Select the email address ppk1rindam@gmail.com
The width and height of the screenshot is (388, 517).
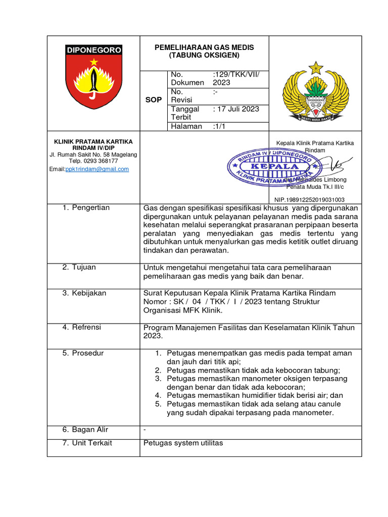pos(97,169)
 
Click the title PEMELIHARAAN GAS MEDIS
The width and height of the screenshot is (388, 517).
pos(204,47)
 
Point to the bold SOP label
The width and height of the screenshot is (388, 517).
pos(154,100)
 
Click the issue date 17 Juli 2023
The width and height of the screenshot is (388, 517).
pos(236,109)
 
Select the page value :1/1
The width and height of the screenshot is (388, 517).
pos(221,126)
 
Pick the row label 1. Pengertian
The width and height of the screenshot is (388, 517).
pos(86,208)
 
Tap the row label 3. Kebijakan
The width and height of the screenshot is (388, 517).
pos(84,293)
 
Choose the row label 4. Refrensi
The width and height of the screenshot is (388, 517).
pos(82,327)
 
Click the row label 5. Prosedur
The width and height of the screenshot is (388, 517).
pos(83,353)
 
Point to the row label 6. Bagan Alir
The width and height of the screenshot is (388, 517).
pos(85,430)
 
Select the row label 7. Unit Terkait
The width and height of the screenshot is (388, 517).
pos(87,443)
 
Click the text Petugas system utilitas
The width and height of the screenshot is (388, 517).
pos(183,443)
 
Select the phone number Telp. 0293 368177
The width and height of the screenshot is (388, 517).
pos(93,161)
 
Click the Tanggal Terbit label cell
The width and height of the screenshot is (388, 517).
pos(185,113)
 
